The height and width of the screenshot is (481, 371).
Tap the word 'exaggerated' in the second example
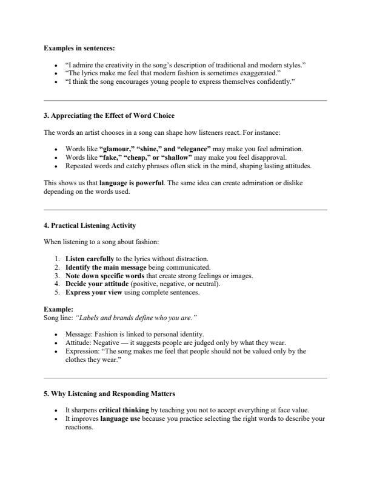coord(259,72)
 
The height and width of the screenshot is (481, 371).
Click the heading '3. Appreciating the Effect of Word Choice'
coord(100,115)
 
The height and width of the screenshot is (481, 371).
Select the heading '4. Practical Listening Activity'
coord(90,226)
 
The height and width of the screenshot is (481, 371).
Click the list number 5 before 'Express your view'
coord(58,292)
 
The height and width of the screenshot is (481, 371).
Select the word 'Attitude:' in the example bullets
coord(79,342)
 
